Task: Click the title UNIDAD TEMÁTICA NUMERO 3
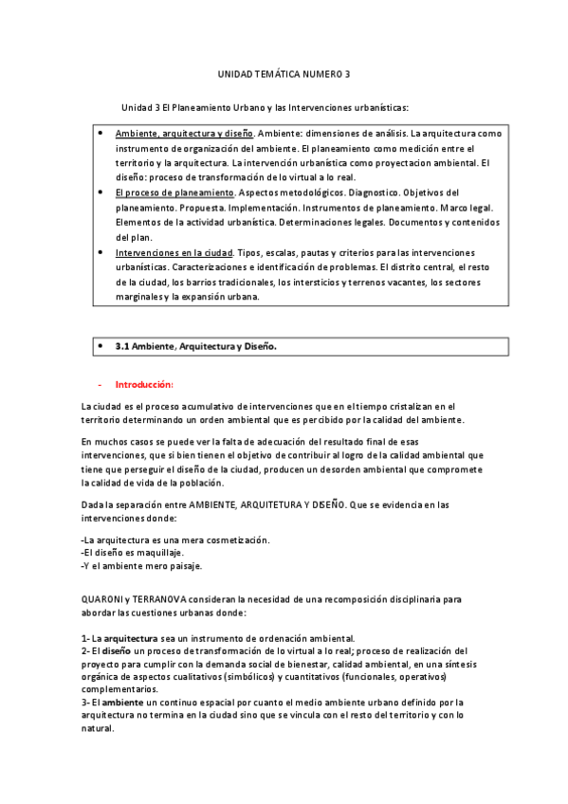[x=284, y=74]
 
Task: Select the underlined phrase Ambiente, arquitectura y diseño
[x=183, y=134]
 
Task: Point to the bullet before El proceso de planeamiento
[x=101, y=192]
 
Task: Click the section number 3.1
[x=122, y=347]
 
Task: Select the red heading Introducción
[x=144, y=385]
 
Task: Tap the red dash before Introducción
[x=101, y=385]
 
